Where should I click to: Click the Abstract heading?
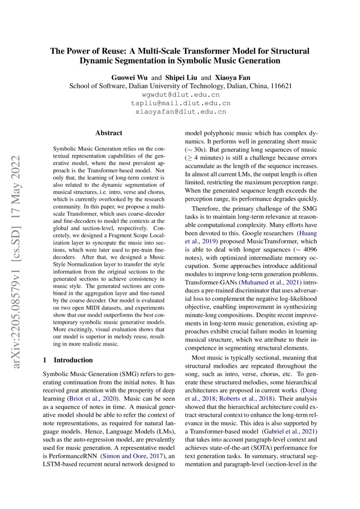click(x=109, y=133)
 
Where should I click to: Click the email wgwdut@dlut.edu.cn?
click(x=181, y=94)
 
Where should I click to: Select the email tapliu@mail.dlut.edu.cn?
click(x=181, y=103)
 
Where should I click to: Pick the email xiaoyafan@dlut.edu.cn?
click(x=181, y=112)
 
